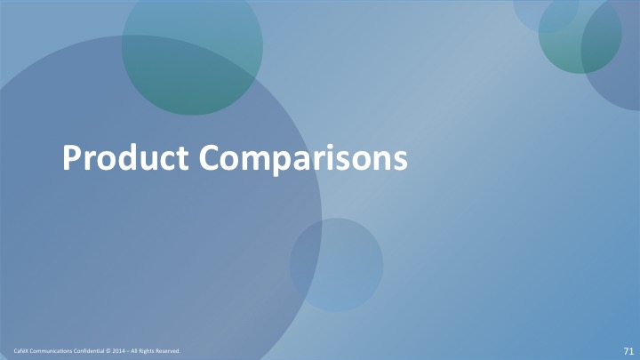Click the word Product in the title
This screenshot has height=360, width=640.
pos(125,157)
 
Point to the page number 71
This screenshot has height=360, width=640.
pos(628,351)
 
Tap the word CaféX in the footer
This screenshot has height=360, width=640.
pos(20,350)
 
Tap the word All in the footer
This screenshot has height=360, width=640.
pos(134,350)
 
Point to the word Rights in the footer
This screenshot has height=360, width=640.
pos(147,350)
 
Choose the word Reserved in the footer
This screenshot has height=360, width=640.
pos(168,350)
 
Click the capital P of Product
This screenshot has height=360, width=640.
pos(72,157)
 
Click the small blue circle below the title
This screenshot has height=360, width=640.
pos(336,265)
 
